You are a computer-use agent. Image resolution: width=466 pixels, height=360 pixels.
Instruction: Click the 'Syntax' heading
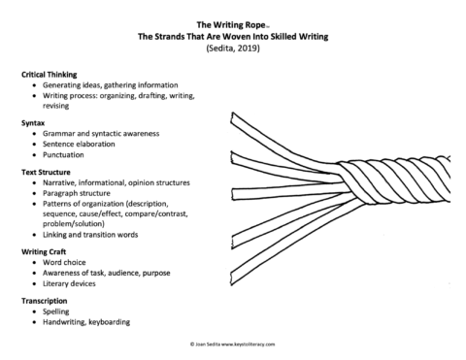point(34,123)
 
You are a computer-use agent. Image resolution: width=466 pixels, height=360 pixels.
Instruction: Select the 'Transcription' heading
point(47,301)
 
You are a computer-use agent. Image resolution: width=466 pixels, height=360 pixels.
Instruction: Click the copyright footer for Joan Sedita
point(234,344)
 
